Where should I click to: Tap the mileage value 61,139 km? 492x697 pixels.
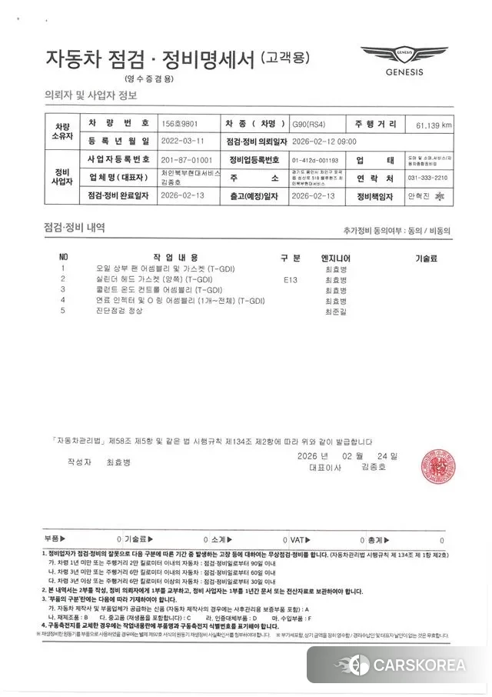(x=434, y=124)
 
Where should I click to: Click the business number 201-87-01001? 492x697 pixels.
(x=187, y=159)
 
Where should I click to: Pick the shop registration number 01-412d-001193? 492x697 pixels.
(x=315, y=159)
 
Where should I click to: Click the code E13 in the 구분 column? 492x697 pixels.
(x=290, y=279)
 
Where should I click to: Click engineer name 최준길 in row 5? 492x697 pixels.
(x=336, y=312)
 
